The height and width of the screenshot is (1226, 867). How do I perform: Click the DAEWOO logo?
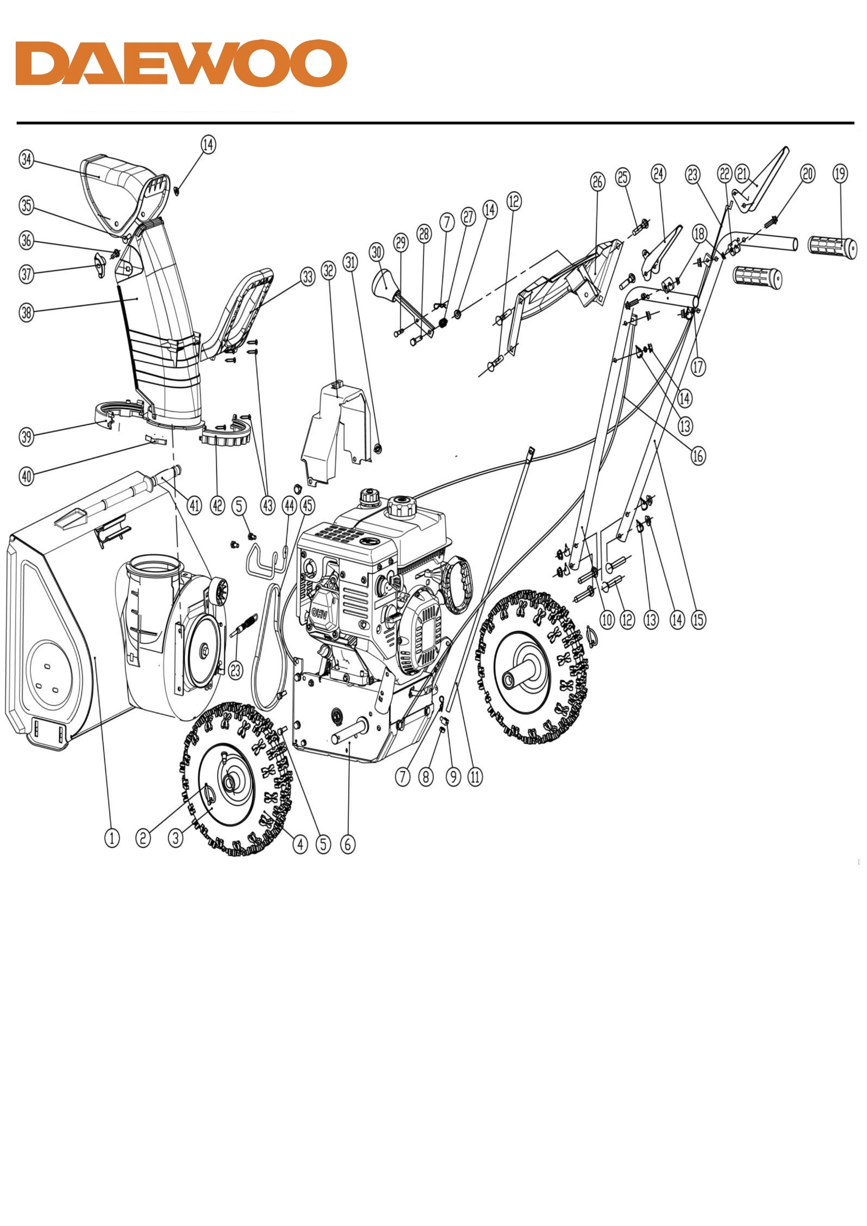coord(181,62)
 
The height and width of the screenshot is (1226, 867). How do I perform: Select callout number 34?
coord(26,159)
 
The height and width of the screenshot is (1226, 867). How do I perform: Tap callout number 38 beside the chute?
coord(26,313)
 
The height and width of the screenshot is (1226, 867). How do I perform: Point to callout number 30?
coord(377,252)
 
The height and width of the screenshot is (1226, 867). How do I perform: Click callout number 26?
coord(597,181)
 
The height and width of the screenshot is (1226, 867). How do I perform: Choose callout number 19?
coord(840,173)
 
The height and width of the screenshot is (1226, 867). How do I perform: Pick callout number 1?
coord(112,838)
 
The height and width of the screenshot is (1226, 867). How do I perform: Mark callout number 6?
coord(348,844)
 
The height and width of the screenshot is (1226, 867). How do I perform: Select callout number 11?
coord(475,777)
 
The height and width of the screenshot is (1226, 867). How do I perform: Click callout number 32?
coord(328,270)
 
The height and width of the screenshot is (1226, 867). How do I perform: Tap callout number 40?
coord(26,476)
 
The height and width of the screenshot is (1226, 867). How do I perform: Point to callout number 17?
coord(698,367)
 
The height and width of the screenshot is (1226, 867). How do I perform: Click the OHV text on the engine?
coord(320,614)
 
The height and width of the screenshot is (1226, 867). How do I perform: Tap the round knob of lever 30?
coord(384,283)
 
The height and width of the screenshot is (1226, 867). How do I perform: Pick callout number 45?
coord(308,505)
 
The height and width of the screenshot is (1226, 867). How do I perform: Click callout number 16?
coord(698,456)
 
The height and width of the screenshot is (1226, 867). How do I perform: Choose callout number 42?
coord(217,505)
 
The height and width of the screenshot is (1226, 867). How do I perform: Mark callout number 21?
coord(743,173)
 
